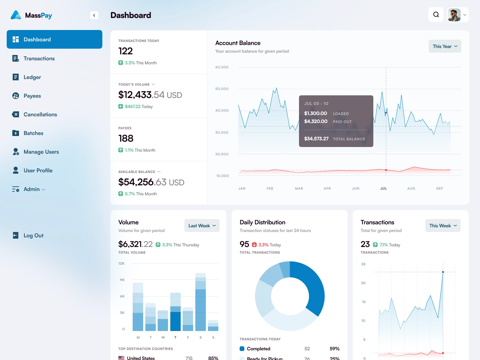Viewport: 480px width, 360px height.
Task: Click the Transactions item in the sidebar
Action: coord(39,59)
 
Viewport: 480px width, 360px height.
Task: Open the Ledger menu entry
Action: coord(32,77)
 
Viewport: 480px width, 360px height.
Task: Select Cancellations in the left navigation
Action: coord(40,115)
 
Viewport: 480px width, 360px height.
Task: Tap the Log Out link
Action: coord(33,236)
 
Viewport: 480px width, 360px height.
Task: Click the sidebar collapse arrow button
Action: coord(94,15)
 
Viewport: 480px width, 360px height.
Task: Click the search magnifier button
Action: coord(436,15)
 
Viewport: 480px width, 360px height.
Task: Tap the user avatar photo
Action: coord(454,15)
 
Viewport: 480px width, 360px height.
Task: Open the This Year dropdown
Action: coord(445,46)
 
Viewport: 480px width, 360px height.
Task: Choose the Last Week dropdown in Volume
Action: coord(202,226)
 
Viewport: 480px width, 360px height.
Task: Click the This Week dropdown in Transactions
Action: coord(443,226)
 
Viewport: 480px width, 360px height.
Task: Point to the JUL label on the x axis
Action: coord(384,189)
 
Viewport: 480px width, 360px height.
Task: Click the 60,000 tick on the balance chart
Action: coord(222,67)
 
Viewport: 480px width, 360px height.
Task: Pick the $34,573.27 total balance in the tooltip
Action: coord(316,139)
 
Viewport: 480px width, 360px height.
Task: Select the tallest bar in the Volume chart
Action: coord(200,302)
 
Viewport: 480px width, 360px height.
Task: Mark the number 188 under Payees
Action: coord(126,138)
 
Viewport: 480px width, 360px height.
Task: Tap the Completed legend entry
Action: coord(258,349)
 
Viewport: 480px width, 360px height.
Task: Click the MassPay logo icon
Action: coord(16,15)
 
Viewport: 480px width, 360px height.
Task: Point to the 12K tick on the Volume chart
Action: coord(121,264)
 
